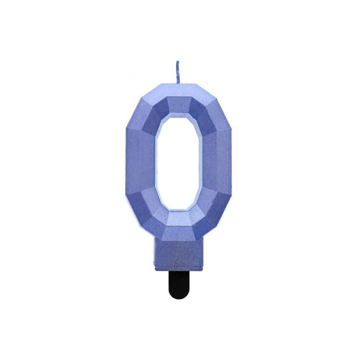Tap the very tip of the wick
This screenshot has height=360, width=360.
177,62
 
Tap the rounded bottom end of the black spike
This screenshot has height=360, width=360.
179,297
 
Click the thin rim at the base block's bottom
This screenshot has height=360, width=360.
179,268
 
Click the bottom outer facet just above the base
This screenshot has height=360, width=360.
179,234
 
